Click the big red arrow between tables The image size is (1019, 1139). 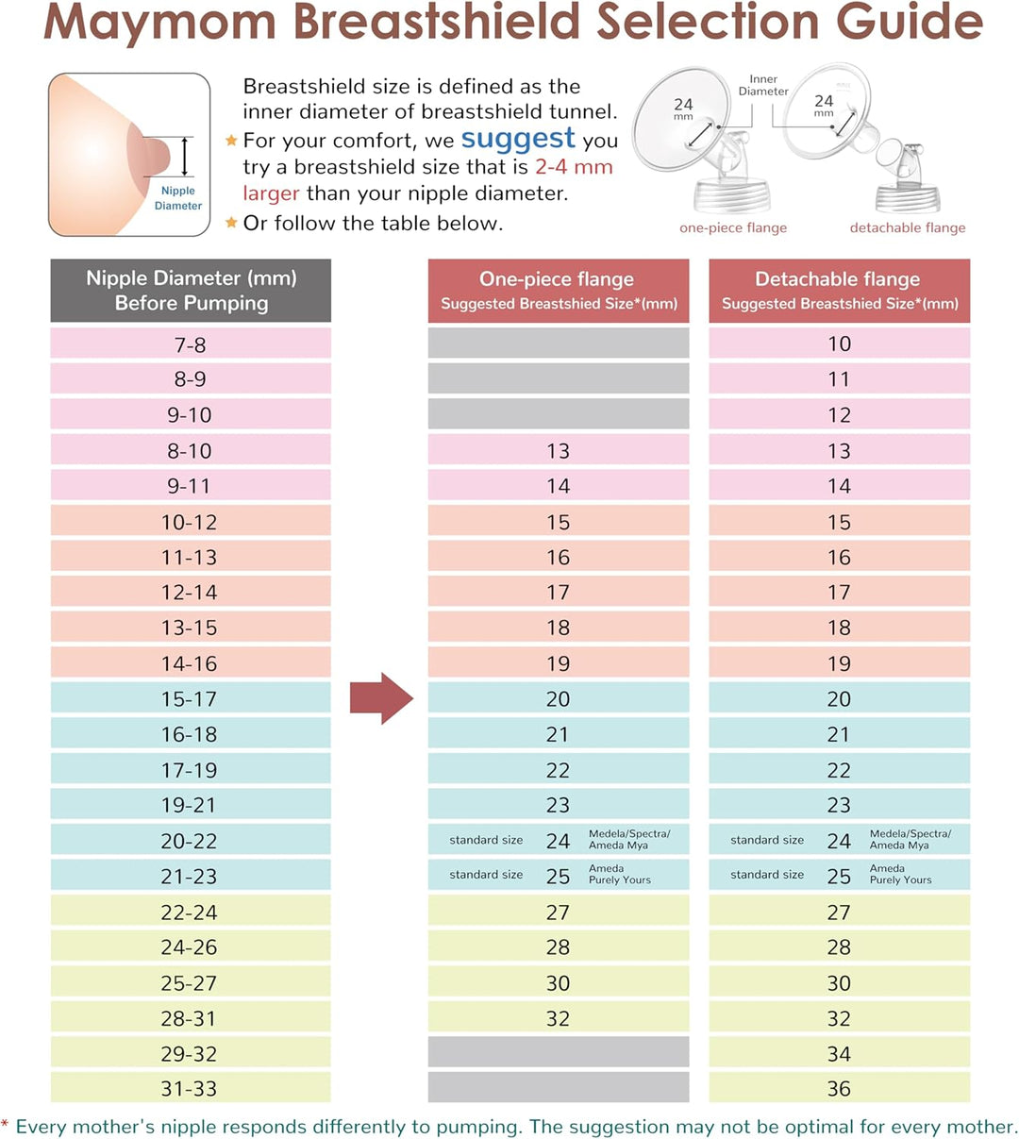point(380,698)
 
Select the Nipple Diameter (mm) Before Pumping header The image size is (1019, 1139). point(191,291)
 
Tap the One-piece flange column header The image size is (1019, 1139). point(559,291)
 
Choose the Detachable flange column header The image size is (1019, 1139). point(839,291)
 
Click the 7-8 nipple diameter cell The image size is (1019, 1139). point(191,344)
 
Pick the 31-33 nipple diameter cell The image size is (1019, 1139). point(191,1088)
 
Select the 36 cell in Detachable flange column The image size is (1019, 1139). point(839,1088)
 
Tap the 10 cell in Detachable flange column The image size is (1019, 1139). point(839,343)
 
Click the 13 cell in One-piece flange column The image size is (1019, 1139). point(559,451)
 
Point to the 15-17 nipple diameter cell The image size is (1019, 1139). point(191,699)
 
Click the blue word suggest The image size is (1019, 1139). point(518,139)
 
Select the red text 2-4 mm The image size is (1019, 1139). point(574,167)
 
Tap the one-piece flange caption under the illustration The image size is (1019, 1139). point(733,227)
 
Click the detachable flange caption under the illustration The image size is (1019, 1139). point(908,227)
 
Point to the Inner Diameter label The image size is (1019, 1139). point(763,85)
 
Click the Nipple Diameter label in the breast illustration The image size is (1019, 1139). point(178,198)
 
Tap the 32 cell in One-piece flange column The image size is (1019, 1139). point(559,1018)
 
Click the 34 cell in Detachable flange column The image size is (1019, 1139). point(839,1053)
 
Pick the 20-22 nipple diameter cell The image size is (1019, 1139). point(191,841)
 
